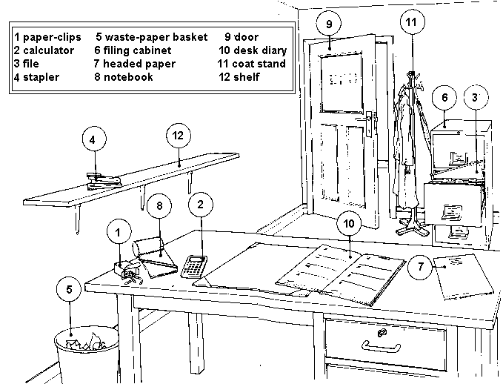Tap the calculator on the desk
tap(194, 265)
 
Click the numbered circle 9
tap(328, 24)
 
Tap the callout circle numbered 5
tap(69, 291)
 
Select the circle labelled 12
tap(177, 136)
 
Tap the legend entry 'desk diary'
tap(259, 50)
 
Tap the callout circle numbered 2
tap(200, 202)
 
